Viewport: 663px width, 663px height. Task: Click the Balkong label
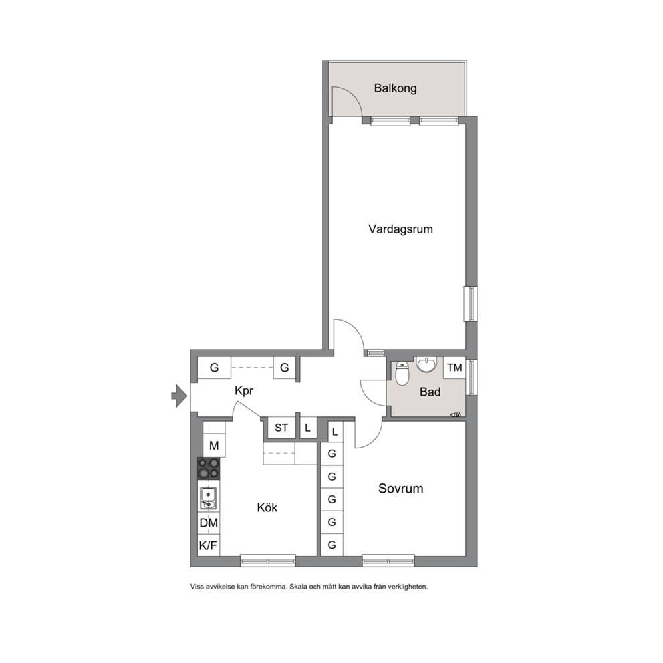point(396,88)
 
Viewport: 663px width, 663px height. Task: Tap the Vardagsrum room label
point(400,229)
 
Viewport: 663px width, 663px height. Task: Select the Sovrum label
point(400,489)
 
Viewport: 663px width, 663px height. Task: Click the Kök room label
point(267,507)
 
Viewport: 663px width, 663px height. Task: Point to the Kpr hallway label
point(244,391)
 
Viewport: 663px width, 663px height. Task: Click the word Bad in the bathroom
point(430,392)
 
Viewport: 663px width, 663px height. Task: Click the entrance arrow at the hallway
point(179,396)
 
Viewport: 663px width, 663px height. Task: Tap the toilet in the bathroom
point(402,374)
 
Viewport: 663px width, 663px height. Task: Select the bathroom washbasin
point(427,364)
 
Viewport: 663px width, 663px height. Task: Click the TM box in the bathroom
point(454,367)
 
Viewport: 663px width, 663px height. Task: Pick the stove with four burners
point(209,469)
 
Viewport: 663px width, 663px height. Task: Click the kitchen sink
point(209,498)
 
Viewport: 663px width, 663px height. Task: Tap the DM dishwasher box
point(209,523)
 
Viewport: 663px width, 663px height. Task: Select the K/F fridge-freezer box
point(209,546)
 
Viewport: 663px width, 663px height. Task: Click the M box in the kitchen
point(214,446)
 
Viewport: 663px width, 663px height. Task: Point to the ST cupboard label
point(281,428)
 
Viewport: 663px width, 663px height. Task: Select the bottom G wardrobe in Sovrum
point(332,545)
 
